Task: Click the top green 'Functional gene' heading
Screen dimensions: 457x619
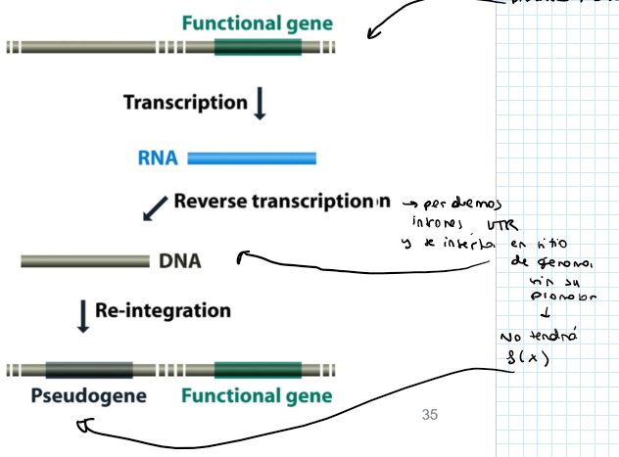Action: pos(258,23)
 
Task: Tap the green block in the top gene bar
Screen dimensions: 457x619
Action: pos(258,47)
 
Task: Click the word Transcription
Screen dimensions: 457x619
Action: pos(185,102)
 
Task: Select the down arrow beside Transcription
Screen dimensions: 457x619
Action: pos(260,103)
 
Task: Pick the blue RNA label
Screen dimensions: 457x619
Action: pos(158,158)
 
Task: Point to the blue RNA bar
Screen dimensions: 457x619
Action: pos(252,158)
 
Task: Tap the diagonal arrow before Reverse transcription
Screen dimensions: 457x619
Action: pos(155,206)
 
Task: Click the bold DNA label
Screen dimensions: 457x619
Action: pos(179,261)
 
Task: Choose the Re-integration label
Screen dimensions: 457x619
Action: pos(163,311)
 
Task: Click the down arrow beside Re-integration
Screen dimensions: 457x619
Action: pos(83,316)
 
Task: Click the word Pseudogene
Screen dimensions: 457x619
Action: pos(88,396)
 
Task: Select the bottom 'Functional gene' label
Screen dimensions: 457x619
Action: pos(257,396)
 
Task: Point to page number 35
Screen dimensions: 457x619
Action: pos(429,415)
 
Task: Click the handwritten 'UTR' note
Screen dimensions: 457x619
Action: pos(487,226)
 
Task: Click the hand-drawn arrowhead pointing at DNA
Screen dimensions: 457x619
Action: pos(243,256)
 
